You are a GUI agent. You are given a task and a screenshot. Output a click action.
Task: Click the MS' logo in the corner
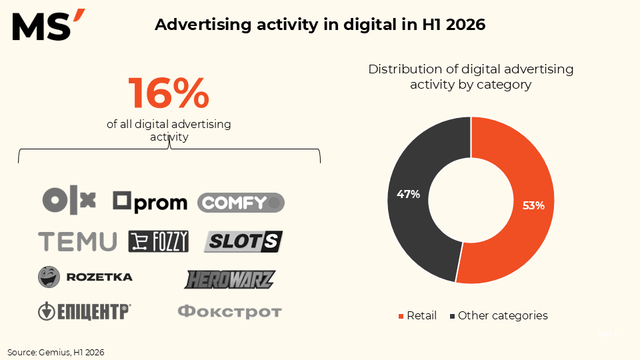49,25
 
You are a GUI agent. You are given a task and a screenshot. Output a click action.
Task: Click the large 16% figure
169,93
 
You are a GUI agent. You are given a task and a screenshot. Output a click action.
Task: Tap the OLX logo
69,200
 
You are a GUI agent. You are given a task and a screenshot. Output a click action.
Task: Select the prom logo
150,202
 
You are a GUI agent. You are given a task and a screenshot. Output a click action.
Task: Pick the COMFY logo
241,203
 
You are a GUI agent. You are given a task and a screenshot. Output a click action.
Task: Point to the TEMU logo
77,241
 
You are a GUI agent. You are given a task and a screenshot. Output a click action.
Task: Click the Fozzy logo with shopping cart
159,241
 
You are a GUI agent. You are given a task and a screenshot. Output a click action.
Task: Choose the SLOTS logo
243,241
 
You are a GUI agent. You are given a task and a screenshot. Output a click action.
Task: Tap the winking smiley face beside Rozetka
49,277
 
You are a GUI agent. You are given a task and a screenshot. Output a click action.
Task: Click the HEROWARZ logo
230,279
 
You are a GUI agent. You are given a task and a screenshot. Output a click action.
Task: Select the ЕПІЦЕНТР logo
85,311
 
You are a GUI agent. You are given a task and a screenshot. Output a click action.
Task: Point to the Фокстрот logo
230,311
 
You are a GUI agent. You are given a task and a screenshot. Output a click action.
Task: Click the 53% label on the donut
533,205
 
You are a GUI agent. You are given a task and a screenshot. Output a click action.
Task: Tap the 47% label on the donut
408,194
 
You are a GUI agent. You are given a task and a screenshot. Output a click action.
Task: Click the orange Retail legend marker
401,316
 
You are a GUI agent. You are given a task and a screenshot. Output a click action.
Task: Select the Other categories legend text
503,315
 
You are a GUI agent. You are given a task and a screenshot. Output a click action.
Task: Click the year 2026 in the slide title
466,25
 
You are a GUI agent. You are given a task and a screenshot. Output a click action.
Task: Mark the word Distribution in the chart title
405,69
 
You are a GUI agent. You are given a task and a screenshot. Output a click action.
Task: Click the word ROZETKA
99,277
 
